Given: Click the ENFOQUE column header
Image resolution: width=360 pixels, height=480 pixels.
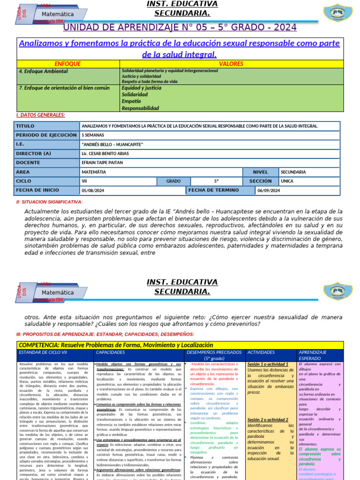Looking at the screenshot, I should tap(67, 64).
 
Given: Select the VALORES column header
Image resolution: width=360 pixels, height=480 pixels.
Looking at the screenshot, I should tap(231, 64).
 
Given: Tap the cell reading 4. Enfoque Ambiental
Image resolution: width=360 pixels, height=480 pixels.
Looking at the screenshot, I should tap(43, 71).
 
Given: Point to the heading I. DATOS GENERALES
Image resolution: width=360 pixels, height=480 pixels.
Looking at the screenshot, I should tap(41, 115).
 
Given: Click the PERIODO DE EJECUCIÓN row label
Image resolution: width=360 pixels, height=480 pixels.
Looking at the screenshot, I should tap(46, 135).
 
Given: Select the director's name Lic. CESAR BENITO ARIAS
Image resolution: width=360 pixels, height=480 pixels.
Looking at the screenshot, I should tap(105, 154).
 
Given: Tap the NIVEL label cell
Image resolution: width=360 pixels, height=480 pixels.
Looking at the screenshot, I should tap(261, 172).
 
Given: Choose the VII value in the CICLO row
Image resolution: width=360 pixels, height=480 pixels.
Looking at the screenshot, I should tap(85, 181).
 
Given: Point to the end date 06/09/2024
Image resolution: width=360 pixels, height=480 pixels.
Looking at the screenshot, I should tap(269, 190).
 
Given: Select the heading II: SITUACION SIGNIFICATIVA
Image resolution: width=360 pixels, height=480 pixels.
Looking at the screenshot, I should tap(49, 202).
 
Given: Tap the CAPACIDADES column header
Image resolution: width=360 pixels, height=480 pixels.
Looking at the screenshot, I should tap(110, 352).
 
